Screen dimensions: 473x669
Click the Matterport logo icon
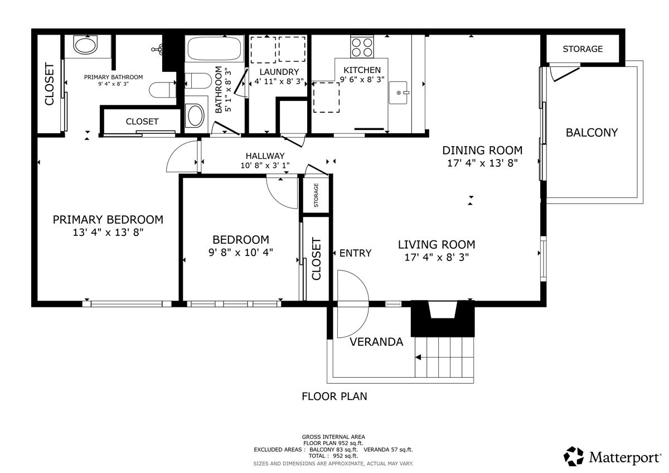(574, 456)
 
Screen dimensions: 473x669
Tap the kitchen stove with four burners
(362, 46)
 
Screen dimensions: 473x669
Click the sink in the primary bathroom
(85, 45)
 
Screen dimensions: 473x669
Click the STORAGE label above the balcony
(582, 49)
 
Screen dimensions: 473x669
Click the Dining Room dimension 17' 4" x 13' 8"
(482, 163)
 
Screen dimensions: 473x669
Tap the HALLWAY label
(265, 156)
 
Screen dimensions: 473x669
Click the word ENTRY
(355, 253)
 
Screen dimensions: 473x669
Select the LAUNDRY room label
(279, 72)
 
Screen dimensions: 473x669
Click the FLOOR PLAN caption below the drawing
(334, 397)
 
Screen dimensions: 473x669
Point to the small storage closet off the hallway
(316, 195)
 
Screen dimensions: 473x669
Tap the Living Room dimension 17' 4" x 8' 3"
(436, 257)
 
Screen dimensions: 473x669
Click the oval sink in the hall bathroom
(195, 115)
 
